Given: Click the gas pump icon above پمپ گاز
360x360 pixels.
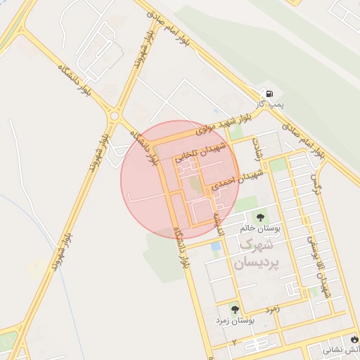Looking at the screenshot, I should click(x=267, y=93).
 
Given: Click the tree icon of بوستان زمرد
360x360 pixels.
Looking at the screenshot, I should click(x=234, y=309).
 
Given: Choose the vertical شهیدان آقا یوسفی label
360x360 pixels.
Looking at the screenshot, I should click(x=318, y=267).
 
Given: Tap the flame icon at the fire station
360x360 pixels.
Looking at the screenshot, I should click(x=354, y=349).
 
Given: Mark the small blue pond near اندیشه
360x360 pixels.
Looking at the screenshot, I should click(x=215, y=246).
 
